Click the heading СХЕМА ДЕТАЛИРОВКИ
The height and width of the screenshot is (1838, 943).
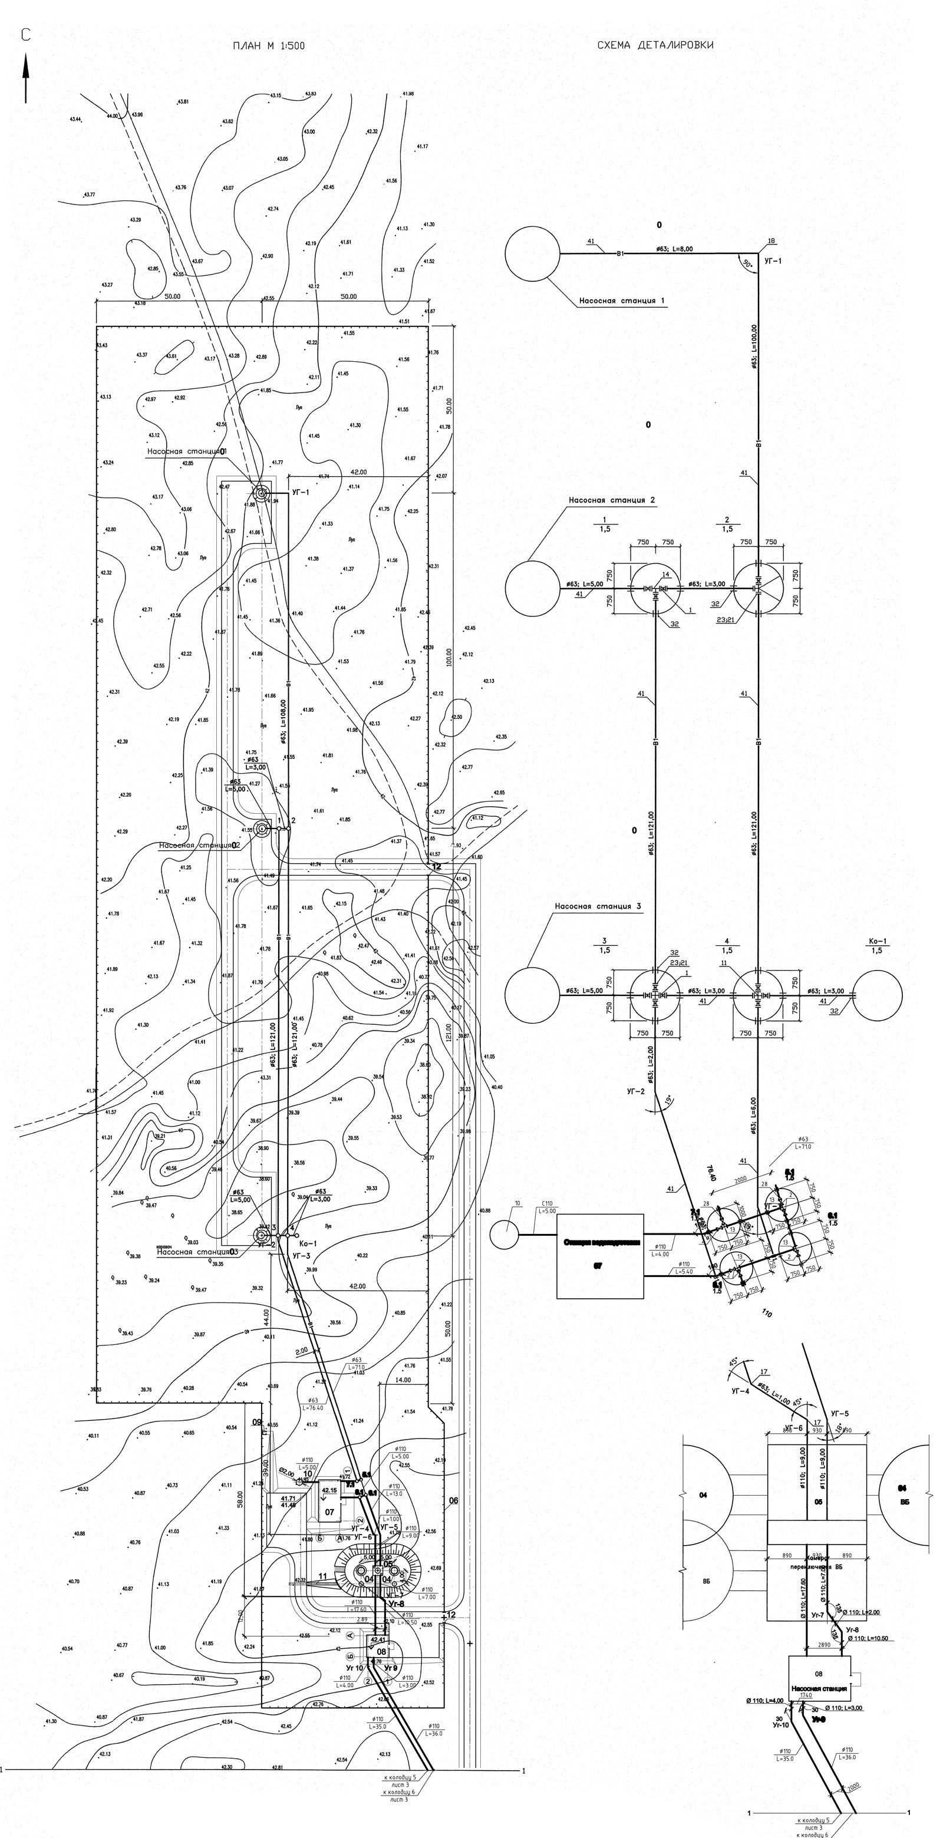655,45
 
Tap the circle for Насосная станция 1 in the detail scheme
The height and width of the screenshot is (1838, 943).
532,253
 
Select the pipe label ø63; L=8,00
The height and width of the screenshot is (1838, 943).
674,249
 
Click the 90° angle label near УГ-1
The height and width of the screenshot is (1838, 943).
747,264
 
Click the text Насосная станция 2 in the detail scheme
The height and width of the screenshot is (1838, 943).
612,500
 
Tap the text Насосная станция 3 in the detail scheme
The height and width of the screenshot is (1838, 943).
598,906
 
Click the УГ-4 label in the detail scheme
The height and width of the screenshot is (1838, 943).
740,1391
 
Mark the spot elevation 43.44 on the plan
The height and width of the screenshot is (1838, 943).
75,119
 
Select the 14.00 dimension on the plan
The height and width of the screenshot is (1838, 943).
403,1380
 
